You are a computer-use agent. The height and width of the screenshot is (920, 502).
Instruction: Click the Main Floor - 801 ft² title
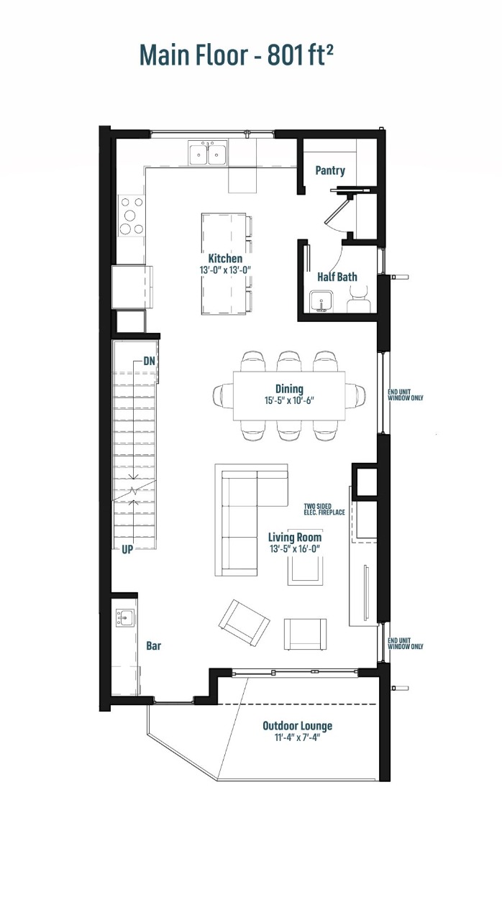(x=236, y=55)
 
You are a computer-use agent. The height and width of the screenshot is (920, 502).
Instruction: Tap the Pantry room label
(x=330, y=170)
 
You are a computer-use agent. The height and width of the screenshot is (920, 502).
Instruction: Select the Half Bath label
(x=337, y=277)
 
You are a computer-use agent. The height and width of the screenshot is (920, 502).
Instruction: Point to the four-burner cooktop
(x=131, y=216)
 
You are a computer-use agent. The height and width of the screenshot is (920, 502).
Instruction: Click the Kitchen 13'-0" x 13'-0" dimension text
(x=225, y=270)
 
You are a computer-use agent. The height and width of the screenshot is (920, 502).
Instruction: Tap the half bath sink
(x=319, y=300)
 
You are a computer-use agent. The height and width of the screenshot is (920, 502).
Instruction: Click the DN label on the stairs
(x=150, y=361)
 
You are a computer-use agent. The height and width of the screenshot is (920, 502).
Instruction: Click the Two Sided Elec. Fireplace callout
(x=324, y=510)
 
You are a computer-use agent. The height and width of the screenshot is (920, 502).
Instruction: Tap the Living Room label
(x=295, y=537)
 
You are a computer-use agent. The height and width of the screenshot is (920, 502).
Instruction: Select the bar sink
(x=125, y=616)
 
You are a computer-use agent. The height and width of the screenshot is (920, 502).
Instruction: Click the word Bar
(x=153, y=646)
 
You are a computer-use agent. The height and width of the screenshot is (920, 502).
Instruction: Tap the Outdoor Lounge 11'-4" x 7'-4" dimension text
(x=297, y=738)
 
